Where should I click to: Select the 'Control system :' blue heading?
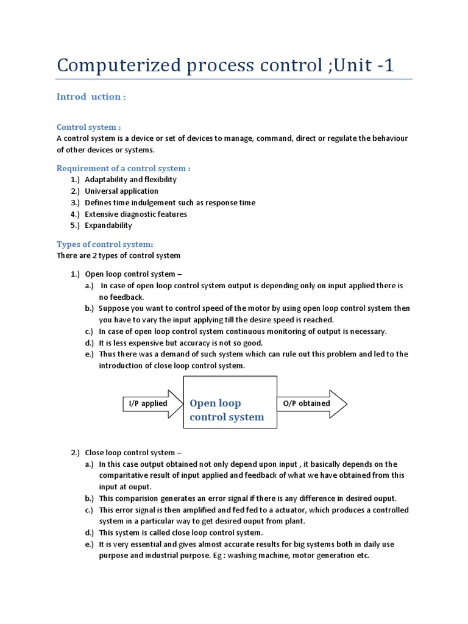88,127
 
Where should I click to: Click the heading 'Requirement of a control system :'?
124,168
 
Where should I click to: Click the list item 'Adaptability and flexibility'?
130,179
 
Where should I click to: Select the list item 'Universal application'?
121,191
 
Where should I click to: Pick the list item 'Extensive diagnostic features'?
136,214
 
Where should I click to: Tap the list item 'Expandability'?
108,225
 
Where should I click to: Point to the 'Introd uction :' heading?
91,97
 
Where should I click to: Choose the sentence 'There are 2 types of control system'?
118,255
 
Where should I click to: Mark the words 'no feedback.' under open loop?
121,297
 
